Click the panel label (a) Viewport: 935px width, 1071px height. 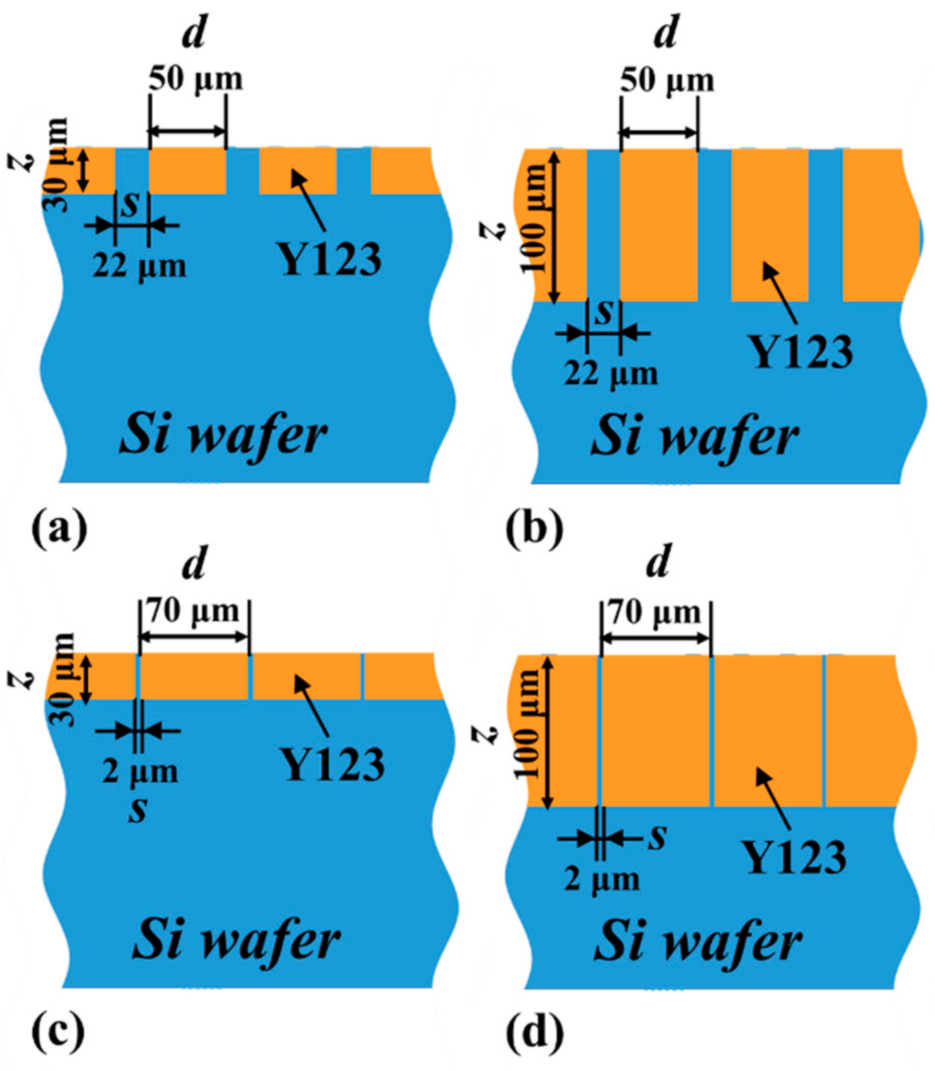pyautogui.click(x=59, y=530)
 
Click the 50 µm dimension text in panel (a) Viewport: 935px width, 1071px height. pyautogui.click(x=196, y=79)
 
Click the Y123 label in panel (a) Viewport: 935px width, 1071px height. pyautogui.click(x=331, y=260)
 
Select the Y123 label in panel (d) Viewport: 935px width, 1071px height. pyautogui.click(x=794, y=858)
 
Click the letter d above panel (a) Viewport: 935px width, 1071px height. pyautogui.click(x=194, y=35)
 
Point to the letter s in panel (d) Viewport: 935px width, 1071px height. pyautogui.click(x=657, y=837)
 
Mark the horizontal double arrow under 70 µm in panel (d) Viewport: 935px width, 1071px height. pyautogui.click(x=656, y=638)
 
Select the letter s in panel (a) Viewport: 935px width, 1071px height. pyautogui.click(x=131, y=206)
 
